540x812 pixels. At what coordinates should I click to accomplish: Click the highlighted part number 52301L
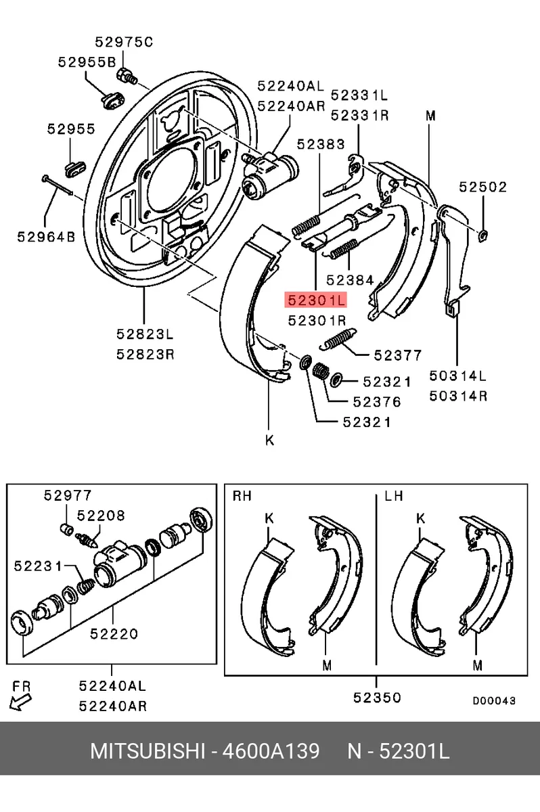pyautogui.click(x=315, y=300)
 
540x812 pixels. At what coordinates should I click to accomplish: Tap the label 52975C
pyautogui.click(x=125, y=42)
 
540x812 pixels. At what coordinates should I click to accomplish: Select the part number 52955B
pyautogui.click(x=87, y=62)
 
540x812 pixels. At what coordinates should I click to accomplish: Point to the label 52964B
pyautogui.click(x=47, y=237)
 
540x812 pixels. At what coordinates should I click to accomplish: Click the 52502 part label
pyautogui.click(x=482, y=187)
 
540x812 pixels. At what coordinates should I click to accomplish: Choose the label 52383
pyautogui.click(x=321, y=144)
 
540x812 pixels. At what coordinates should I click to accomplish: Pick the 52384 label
pyautogui.click(x=350, y=280)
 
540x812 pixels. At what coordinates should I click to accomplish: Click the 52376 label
pyautogui.click(x=377, y=402)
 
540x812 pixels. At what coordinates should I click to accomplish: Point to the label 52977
pyautogui.click(x=68, y=495)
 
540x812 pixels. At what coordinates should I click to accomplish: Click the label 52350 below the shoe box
pyautogui.click(x=378, y=698)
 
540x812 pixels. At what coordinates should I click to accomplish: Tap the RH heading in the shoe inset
pyautogui.click(x=242, y=495)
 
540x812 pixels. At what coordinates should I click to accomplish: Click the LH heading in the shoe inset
pyautogui.click(x=394, y=495)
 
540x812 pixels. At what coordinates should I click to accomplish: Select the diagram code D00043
pyautogui.click(x=494, y=700)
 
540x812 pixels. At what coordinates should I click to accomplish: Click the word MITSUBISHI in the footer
pyautogui.click(x=148, y=750)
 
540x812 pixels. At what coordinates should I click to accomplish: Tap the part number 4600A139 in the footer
pyautogui.click(x=271, y=750)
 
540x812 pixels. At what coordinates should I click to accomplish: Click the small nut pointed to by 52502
pyautogui.click(x=482, y=236)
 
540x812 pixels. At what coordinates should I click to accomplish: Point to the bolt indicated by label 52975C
pyautogui.click(x=127, y=76)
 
